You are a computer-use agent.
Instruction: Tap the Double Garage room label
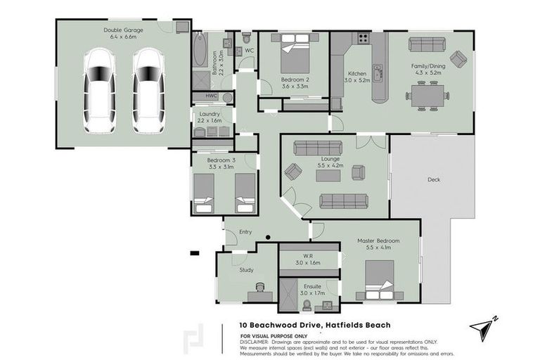(123, 30)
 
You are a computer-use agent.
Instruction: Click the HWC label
(212, 96)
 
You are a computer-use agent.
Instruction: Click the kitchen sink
(378, 71)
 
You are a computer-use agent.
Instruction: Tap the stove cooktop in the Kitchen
(364, 39)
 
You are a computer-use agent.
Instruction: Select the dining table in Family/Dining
(427, 93)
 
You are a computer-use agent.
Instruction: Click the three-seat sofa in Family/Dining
(427, 44)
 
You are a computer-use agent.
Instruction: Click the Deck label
(434, 179)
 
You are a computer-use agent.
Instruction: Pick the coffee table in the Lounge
(328, 176)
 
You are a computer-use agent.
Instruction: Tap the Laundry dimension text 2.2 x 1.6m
(210, 121)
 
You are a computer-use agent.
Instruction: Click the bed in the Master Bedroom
(378, 277)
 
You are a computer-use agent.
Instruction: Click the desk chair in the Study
(261, 288)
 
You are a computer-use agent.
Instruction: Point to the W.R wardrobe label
(307, 255)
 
